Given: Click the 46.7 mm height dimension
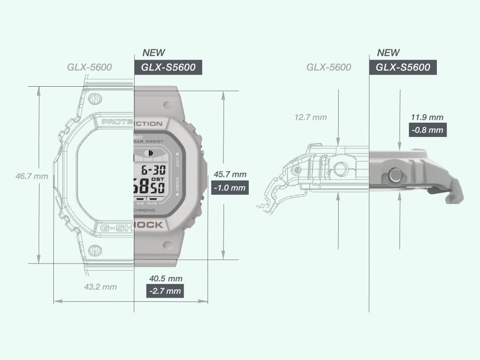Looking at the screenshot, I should pos(32,176).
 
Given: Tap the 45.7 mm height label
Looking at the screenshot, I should pos(230,174).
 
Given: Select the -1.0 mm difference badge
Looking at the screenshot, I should pos(229,188).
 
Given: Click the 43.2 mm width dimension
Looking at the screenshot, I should pos(100,287).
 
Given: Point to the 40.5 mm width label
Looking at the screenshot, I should pos(165,279).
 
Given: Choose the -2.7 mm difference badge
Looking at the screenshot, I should pos(165,291).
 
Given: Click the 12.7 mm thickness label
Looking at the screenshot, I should pos(310,117).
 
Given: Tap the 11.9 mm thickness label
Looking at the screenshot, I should pos(427,117).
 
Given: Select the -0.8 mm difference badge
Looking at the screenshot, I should pos(427,130).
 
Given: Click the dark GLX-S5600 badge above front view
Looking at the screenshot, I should pos(168,68).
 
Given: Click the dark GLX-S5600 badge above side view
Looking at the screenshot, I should pos(403,68).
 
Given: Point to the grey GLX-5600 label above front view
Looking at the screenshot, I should pos(89,68).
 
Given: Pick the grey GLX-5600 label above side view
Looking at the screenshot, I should pos(328,68).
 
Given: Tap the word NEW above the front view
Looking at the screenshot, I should pos(154,53).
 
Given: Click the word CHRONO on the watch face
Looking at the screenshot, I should pos(145,210).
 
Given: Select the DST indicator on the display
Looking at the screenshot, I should pos(157,179).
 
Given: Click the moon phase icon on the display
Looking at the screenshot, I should pos(149,153).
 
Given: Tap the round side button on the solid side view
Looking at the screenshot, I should pos(395,176).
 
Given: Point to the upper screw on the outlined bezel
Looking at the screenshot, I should pos(94,99).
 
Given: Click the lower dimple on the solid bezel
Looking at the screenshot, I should pos(168,244).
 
